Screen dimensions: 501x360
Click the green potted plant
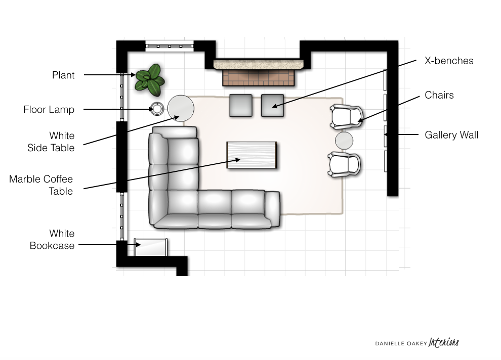pyautogui.click(x=149, y=80)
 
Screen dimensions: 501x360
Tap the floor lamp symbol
pyautogui.click(x=157, y=109)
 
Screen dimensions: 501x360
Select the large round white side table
pyautogui.click(x=181, y=108)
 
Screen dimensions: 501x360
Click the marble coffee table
pyautogui.click(x=252, y=155)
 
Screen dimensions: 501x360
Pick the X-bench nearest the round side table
pyautogui.click(x=240, y=105)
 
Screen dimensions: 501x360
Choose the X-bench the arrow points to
pyautogui.click(x=273, y=105)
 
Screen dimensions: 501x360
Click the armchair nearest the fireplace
pyautogui.click(x=346, y=116)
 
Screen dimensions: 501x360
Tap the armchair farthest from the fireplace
pyautogui.click(x=344, y=165)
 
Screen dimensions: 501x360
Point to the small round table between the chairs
pyautogui.click(x=344, y=141)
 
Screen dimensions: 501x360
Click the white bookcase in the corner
pyautogui.click(x=151, y=247)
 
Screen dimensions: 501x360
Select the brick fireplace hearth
pyautogui.click(x=259, y=78)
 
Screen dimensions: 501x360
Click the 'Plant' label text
pyautogui.click(x=63, y=75)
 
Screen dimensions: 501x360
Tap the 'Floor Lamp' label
pyautogui.click(x=49, y=110)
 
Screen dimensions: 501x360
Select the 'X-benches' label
pyautogui.click(x=449, y=61)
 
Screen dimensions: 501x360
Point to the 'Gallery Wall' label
pyautogui.click(x=451, y=135)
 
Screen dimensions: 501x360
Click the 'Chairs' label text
pyautogui.click(x=439, y=95)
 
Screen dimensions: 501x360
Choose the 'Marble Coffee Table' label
pyautogui.click(x=41, y=185)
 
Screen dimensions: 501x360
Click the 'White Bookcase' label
pyautogui.click(x=52, y=239)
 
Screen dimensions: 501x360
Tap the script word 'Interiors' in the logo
pyautogui.click(x=443, y=342)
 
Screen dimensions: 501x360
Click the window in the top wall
pyautogui.click(x=170, y=46)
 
